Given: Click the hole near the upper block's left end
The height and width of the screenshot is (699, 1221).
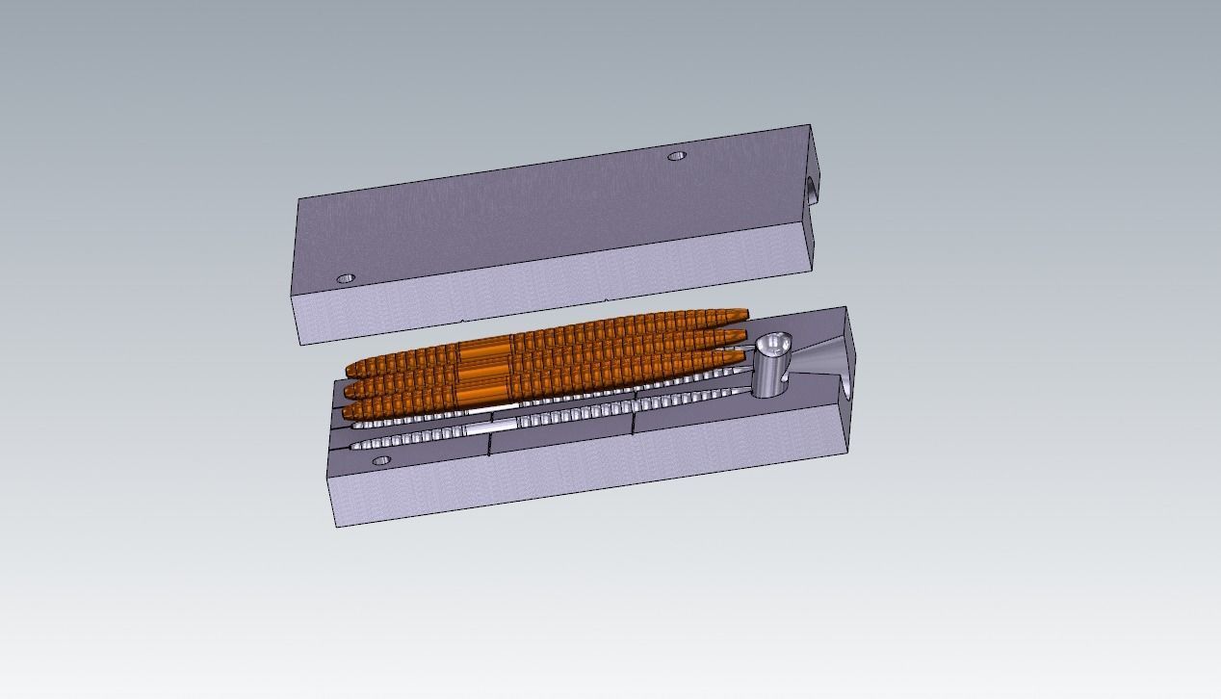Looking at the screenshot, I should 346,279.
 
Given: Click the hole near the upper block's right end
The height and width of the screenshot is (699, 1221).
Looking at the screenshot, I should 677,155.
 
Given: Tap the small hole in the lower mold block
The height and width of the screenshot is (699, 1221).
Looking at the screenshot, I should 380,461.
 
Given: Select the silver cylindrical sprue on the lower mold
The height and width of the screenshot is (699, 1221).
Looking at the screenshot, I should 770,367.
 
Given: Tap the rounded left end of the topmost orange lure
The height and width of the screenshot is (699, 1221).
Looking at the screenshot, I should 351,369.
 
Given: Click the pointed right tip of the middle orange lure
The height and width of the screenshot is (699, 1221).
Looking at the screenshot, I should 744,334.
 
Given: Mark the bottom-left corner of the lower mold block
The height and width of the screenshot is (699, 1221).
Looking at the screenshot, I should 337,526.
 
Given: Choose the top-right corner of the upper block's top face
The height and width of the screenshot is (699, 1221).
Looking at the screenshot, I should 809,125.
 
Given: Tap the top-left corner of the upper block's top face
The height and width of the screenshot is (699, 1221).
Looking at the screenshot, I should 299,199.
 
